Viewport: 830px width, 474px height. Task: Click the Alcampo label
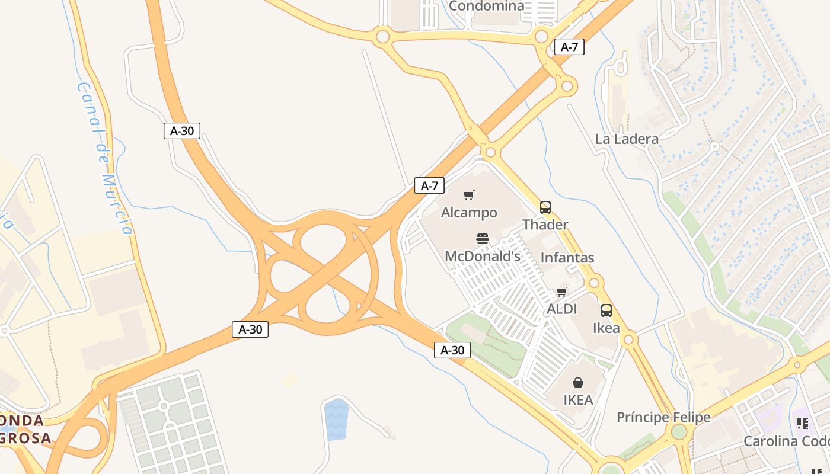pos(469,212)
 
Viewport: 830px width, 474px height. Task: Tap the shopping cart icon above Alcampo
pos(469,195)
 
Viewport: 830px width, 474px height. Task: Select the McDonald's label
pos(483,256)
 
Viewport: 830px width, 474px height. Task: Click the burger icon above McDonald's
pos(483,239)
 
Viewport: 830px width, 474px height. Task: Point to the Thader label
pos(545,225)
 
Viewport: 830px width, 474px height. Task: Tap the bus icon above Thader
pos(545,207)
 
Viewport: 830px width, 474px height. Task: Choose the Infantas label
pos(567,258)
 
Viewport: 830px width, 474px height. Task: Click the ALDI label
pos(561,309)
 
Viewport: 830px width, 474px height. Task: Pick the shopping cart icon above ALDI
pos(561,292)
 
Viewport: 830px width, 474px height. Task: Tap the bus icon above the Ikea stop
pos(606,310)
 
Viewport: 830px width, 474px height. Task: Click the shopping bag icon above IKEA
pos(578,383)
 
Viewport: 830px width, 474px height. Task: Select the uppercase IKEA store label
pos(578,400)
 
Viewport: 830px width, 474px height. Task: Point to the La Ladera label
pos(627,139)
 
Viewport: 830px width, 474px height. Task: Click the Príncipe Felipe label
pos(663,417)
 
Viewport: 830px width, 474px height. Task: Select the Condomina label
pos(487,6)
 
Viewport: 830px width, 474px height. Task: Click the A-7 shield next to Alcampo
pos(429,185)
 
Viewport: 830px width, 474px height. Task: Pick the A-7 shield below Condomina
pos(569,47)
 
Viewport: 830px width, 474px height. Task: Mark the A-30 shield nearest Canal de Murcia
pos(182,131)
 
